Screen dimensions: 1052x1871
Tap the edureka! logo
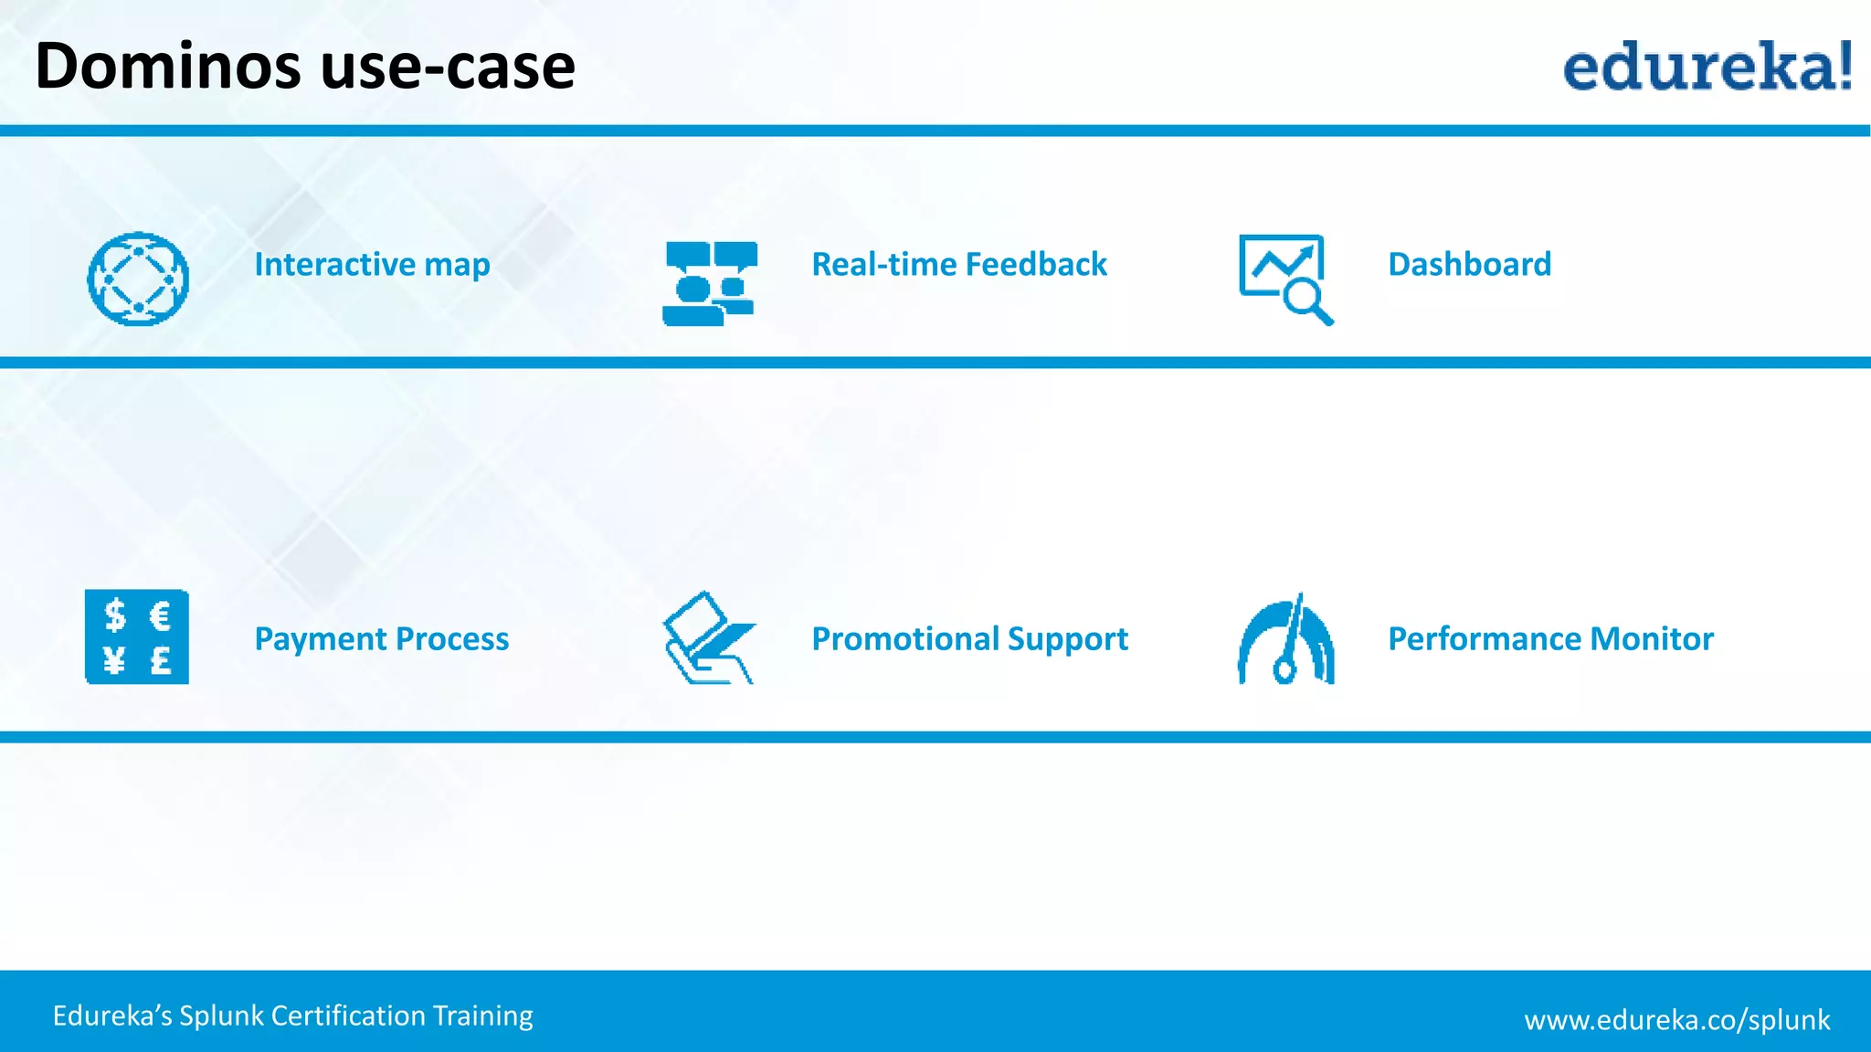coord(1707,66)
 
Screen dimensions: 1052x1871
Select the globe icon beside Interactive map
coord(138,279)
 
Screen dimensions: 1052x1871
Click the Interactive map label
coord(372,265)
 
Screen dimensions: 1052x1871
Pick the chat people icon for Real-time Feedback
coord(710,283)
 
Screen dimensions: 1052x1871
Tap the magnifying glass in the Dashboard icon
coord(1304,300)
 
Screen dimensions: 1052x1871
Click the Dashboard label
coord(1469,265)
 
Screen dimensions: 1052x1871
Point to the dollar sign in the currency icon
coord(114,615)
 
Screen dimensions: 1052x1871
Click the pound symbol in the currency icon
coord(161,658)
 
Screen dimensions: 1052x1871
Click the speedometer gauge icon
coord(1286,639)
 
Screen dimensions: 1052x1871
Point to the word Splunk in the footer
coord(222,1015)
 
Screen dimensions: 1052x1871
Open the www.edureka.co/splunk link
coord(1676,1019)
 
